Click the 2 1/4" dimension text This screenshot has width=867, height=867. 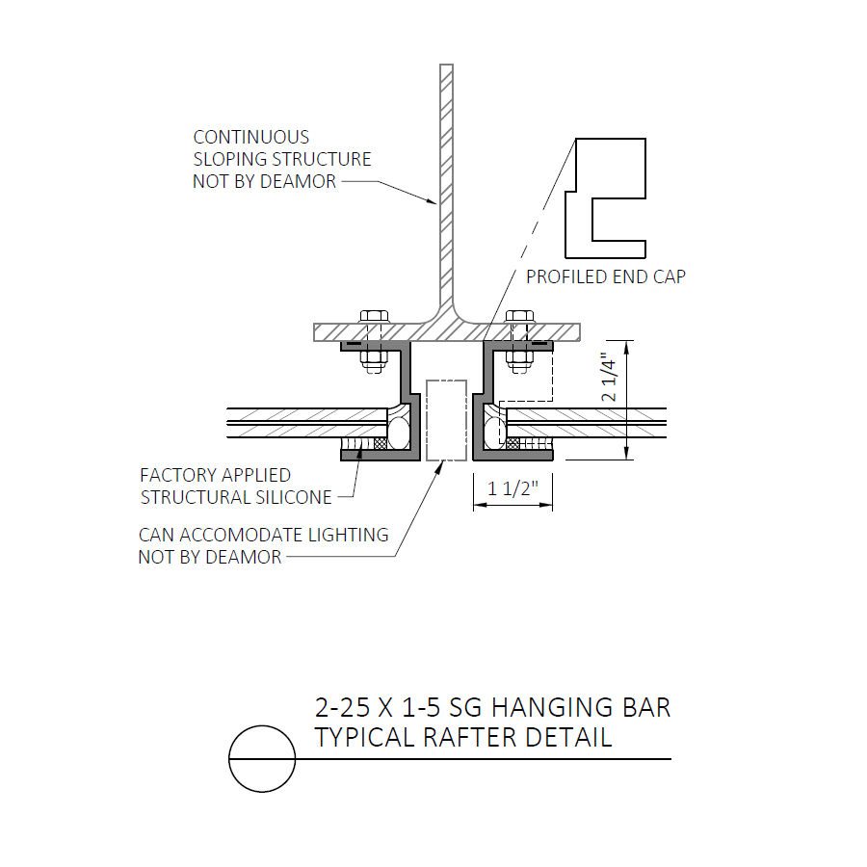coord(608,379)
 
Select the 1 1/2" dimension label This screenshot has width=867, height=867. coord(512,488)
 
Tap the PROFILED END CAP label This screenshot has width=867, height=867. coord(606,276)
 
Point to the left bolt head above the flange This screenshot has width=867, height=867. coord(375,317)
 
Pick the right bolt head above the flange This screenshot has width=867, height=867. coord(520,317)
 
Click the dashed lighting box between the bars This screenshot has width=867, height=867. coord(446,420)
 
